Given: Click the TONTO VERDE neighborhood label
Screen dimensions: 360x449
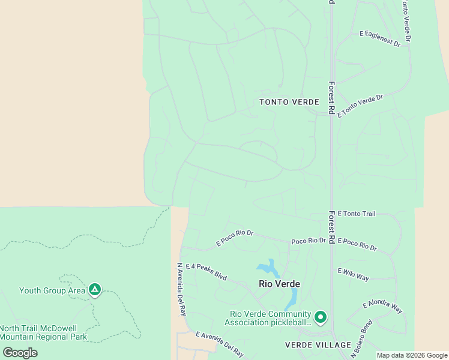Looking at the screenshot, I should (x=289, y=102).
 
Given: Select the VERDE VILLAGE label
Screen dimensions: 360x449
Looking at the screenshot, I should (x=318, y=345).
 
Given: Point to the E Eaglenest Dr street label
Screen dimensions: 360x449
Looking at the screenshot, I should (x=379, y=39).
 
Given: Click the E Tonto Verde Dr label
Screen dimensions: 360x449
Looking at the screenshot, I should (x=360, y=106).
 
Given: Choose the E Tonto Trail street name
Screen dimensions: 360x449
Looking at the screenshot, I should (x=357, y=213).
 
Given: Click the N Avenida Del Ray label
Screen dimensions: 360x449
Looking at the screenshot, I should (x=181, y=289).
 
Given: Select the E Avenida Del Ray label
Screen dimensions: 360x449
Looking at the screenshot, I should (x=219, y=343).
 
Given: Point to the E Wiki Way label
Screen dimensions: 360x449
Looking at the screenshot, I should (x=354, y=274).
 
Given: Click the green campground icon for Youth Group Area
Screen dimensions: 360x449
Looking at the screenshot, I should (x=94, y=290).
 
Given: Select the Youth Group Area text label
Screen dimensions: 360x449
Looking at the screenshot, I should (x=52, y=291).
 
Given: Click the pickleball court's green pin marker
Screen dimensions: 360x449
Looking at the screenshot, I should (x=321, y=317).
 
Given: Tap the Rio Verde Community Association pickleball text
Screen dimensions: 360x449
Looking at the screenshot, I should (x=270, y=319).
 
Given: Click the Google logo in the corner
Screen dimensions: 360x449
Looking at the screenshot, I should (x=20, y=353).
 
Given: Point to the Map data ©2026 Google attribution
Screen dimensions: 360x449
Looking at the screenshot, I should (x=412, y=355).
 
